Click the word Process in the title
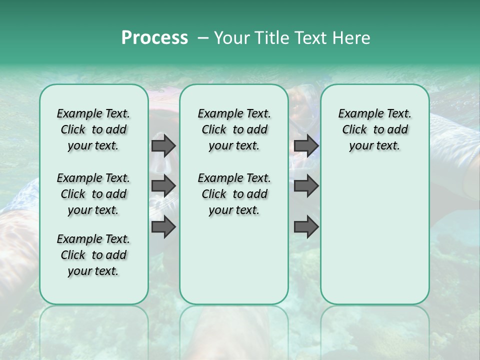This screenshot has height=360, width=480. [154, 38]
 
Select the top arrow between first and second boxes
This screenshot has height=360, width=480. [163, 145]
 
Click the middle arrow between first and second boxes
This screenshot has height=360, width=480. [163, 186]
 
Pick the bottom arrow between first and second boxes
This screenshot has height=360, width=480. [163, 227]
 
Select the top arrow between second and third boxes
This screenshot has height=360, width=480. [306, 145]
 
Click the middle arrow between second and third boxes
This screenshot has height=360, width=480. [306, 186]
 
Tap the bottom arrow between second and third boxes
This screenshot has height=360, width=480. [306, 227]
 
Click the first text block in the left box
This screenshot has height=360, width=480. [93, 129]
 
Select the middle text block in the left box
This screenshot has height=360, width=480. [93, 194]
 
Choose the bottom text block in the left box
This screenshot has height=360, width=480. [93, 255]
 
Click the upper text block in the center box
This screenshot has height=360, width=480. [234, 129]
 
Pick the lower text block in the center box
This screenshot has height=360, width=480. [234, 194]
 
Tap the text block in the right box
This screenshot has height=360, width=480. [374, 129]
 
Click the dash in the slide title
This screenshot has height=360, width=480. [203, 38]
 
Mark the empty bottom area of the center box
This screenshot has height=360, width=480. [234, 260]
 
